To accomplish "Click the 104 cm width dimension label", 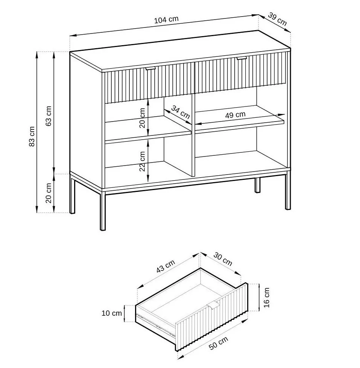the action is click(166, 20).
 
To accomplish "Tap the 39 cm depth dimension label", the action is click(277, 19).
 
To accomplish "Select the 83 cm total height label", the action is click(32, 136).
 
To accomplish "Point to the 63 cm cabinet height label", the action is click(49, 116).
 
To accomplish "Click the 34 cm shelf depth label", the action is click(181, 112).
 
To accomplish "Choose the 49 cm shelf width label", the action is click(235, 115).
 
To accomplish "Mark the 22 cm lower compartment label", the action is click(143, 161).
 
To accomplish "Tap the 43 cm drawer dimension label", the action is click(166, 266).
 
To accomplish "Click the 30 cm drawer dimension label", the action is click(223, 259).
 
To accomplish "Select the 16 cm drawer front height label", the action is click(267, 297).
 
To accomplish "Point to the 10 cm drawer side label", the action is click(112, 313).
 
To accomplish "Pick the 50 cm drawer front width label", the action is click(218, 343).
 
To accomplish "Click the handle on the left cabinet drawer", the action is click(150, 68).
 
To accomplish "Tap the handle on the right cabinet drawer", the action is click(242, 58).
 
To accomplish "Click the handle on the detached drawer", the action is click(213, 305).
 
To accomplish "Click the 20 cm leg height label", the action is click(49, 193).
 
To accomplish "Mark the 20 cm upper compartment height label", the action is click(143, 118).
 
